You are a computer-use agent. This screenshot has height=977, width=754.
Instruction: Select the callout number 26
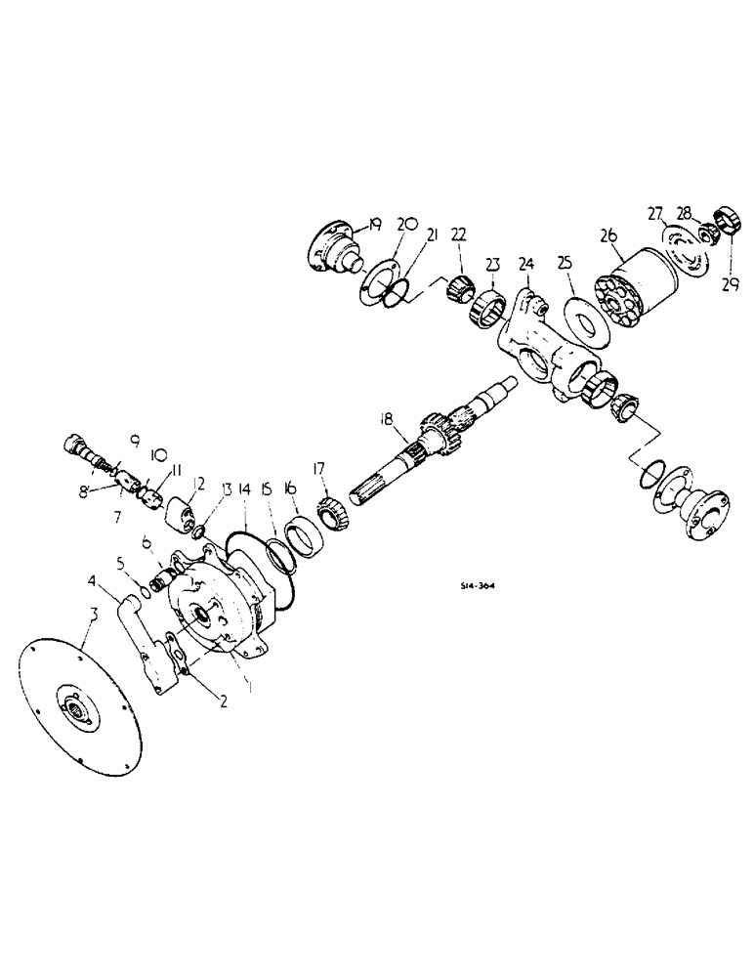[x=608, y=234]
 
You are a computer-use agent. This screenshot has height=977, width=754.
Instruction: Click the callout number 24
[x=526, y=264]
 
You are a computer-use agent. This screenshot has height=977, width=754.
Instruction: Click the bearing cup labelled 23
[x=487, y=308]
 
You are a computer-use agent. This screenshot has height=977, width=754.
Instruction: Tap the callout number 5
[x=122, y=563]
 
